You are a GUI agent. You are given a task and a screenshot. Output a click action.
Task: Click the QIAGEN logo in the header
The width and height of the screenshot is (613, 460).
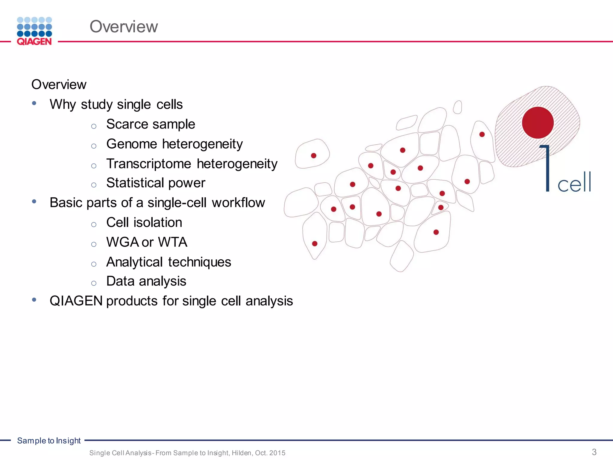tap(34, 31)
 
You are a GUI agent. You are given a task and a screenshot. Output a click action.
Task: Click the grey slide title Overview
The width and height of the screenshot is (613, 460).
tap(124, 27)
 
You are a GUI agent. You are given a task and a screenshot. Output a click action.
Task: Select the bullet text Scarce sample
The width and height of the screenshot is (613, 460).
tap(151, 124)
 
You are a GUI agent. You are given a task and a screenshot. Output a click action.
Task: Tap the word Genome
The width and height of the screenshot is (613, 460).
tap(132, 144)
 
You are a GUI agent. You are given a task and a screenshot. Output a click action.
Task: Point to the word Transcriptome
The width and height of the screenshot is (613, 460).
tap(149, 164)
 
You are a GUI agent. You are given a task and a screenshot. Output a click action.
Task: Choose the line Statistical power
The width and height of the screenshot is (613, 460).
tap(156, 183)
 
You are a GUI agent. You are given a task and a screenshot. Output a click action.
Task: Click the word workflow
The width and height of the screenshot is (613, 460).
tap(238, 203)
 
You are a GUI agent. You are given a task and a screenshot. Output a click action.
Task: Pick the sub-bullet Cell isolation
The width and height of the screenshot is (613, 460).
tap(144, 223)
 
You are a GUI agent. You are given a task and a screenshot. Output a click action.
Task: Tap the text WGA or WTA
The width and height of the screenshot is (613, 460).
tap(147, 242)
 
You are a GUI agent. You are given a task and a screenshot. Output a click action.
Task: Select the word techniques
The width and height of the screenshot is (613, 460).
tap(199, 262)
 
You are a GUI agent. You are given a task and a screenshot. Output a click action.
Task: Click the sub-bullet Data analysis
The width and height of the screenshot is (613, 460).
tap(146, 281)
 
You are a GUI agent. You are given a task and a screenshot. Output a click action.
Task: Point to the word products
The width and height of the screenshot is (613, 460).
tap(132, 301)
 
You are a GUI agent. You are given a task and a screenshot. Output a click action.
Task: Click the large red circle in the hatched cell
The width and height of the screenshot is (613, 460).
tap(538, 122)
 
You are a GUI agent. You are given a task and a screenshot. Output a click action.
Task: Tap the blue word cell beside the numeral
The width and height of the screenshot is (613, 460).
tap(574, 183)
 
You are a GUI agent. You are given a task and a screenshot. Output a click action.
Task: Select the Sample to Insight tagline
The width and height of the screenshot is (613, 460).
tap(49, 441)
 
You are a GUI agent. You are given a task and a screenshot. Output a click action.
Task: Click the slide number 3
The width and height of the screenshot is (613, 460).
tap(594, 452)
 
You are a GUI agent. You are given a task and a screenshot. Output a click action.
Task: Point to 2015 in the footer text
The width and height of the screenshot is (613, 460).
tap(277, 453)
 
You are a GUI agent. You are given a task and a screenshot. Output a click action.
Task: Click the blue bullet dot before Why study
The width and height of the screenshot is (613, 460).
tap(34, 103)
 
